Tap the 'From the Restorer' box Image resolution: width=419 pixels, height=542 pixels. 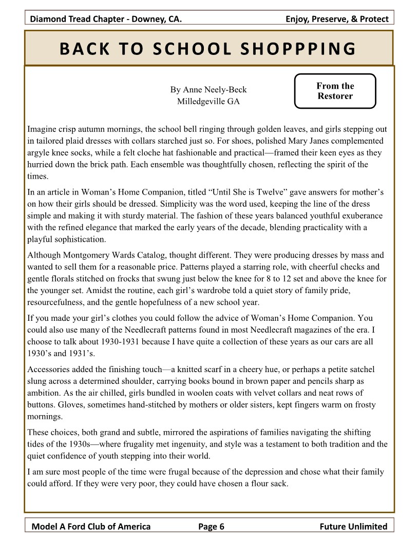coord(335,91)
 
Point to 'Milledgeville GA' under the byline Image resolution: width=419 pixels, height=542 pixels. coord(208,101)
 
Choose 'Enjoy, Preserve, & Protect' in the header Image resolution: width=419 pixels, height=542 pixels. coord(337,20)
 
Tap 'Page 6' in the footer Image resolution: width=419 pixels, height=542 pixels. coord(211,526)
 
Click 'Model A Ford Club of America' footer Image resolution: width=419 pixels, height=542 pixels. coord(91,526)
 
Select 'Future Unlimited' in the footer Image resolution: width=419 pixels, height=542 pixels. coord(353,526)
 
